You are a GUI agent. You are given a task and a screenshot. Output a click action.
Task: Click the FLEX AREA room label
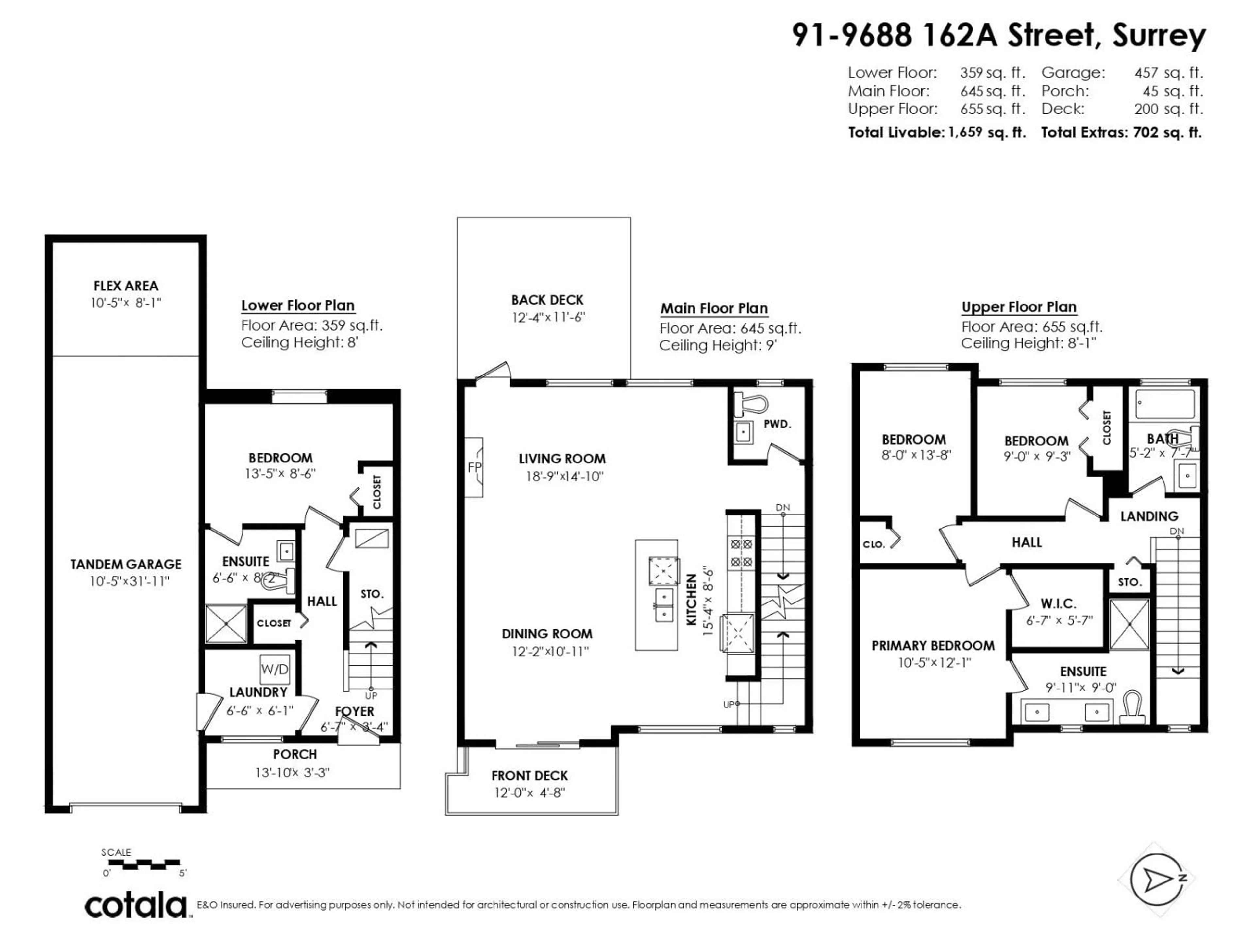[x=125, y=286]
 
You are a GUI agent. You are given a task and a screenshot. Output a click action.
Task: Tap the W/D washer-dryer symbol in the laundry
[x=275, y=669]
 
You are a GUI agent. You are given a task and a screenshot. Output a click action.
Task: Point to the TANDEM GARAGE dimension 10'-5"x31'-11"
[x=129, y=582]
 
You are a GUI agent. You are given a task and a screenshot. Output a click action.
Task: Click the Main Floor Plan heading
[x=714, y=308]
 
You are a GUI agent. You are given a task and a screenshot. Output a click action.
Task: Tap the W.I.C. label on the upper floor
[x=1058, y=603]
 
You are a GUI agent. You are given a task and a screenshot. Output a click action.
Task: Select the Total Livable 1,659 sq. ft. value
[x=986, y=132]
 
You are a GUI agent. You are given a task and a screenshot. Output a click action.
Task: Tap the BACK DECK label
[x=547, y=300]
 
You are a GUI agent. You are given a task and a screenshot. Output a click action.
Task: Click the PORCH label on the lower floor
[x=294, y=754]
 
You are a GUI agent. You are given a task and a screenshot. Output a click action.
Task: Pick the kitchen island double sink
[x=663, y=605]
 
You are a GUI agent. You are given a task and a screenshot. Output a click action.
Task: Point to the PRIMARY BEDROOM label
[x=933, y=646]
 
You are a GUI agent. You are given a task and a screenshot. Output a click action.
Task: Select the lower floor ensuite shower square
[x=226, y=623]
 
